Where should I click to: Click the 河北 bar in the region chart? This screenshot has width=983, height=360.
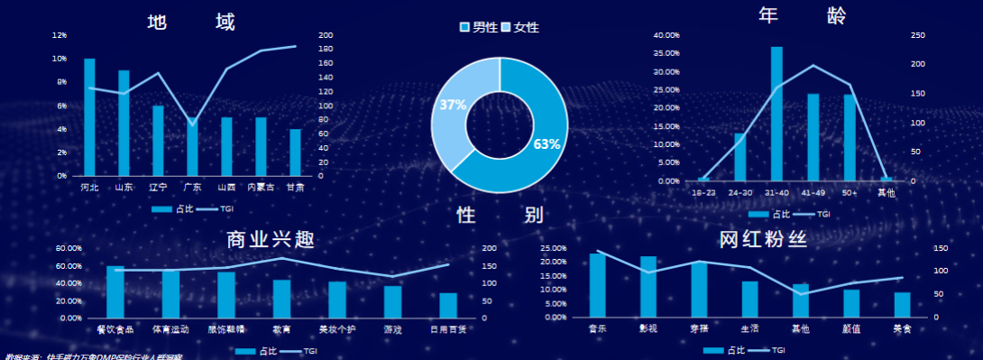(89, 117)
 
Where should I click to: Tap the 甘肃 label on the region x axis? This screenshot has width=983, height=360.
(295, 188)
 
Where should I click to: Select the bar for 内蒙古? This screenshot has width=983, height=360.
(261, 146)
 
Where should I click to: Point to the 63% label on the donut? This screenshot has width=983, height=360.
(547, 144)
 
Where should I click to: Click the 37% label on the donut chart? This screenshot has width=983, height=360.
(453, 105)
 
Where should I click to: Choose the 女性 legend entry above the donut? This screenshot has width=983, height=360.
(520, 28)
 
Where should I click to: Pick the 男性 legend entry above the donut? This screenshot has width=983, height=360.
(479, 28)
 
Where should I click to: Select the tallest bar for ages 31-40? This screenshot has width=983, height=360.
(776, 114)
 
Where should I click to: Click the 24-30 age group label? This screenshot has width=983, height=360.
(740, 192)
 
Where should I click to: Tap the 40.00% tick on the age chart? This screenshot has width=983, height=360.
(666, 35)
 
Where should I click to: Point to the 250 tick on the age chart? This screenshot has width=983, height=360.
(918, 35)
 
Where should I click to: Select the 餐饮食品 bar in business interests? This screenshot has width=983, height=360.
(115, 291)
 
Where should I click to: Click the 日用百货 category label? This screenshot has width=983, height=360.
(448, 329)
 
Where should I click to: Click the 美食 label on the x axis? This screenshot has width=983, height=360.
(902, 328)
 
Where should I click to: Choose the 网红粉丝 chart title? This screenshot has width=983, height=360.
(763, 239)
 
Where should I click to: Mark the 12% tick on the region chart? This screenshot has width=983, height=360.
(60, 35)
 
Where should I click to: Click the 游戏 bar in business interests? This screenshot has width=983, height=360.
(393, 301)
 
